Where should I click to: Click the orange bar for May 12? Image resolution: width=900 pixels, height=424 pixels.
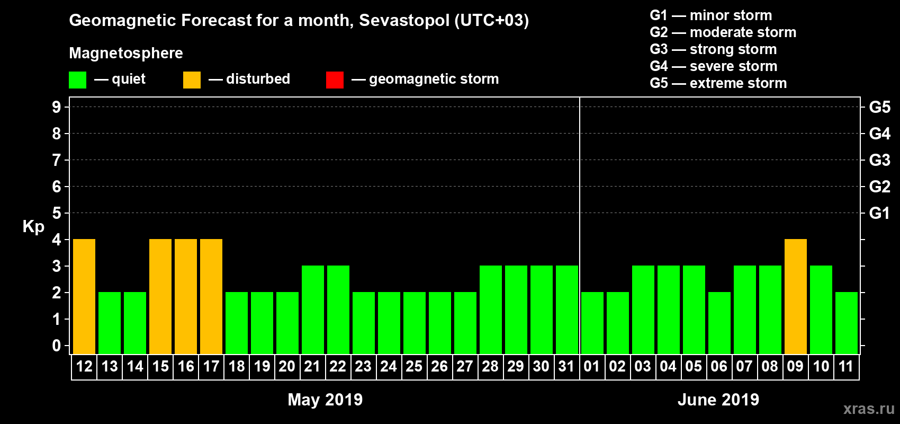(84, 296)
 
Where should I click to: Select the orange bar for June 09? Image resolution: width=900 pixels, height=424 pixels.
(796, 296)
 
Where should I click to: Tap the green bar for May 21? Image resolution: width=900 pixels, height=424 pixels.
(313, 310)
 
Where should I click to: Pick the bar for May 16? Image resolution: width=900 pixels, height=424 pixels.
(186, 296)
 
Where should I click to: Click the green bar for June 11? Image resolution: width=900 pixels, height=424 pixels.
(847, 323)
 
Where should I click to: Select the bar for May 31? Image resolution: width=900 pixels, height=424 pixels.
(567, 310)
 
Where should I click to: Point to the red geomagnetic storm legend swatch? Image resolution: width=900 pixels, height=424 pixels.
(335, 80)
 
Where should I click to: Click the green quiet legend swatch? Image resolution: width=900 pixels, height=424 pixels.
(77, 80)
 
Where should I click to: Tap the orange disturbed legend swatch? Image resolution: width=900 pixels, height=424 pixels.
(192, 80)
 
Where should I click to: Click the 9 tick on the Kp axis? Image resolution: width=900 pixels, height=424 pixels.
(57, 107)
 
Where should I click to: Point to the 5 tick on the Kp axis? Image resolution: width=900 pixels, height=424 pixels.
(57, 213)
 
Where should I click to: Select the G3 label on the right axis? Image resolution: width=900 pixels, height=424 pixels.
(879, 160)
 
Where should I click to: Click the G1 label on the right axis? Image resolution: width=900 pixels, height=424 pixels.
(879, 213)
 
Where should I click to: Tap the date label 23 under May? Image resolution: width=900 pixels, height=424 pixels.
(363, 366)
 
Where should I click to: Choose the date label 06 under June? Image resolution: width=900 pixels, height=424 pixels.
(719, 366)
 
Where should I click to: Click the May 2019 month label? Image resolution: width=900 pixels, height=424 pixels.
(325, 399)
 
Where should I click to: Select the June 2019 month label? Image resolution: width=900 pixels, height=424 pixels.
(718, 399)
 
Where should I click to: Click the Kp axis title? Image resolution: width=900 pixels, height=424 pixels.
(33, 227)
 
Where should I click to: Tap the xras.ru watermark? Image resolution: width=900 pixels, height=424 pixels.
(869, 409)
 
